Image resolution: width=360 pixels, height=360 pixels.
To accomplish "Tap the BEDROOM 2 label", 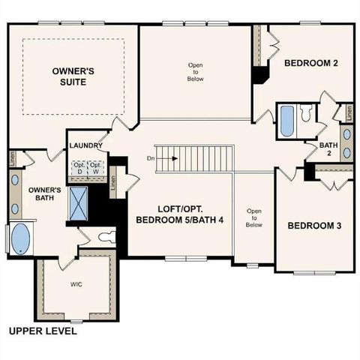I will (x=310, y=64).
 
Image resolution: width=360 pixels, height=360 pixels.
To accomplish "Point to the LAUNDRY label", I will (x=85, y=145).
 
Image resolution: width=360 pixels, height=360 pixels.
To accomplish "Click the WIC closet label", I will (x=76, y=284).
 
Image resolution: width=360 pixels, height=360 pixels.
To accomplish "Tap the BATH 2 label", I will (x=328, y=149).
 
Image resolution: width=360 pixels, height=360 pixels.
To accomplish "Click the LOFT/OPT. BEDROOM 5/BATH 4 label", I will (x=179, y=214).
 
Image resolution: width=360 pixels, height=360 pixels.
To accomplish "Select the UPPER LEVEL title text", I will (x=42, y=330).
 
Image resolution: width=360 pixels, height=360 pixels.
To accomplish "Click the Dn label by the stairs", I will (x=151, y=158).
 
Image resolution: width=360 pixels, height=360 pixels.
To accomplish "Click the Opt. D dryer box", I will (x=79, y=166).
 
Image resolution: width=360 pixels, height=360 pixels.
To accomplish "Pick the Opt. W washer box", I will (x=96, y=166).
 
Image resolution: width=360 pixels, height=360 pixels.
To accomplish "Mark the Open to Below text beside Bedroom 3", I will (x=254, y=217).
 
